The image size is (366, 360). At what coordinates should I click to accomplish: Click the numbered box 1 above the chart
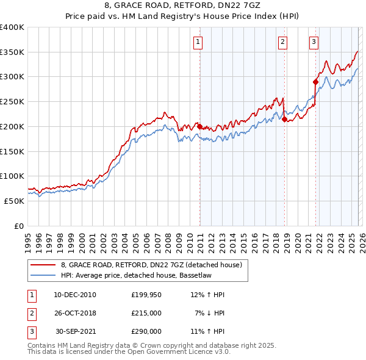click(x=199, y=42)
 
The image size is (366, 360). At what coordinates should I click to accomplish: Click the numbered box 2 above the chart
click(x=283, y=42)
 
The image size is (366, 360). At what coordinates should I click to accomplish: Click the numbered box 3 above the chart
click(x=314, y=42)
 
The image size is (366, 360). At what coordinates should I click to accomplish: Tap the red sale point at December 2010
click(x=199, y=126)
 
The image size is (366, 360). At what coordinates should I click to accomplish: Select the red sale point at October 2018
click(x=284, y=119)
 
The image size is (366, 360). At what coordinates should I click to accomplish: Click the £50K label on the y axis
click(x=14, y=201)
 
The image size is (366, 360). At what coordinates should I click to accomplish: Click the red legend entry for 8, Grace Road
click(x=151, y=265)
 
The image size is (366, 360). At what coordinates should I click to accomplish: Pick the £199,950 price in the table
click(x=146, y=295)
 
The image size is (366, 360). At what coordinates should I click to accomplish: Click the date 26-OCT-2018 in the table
click(x=75, y=313)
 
